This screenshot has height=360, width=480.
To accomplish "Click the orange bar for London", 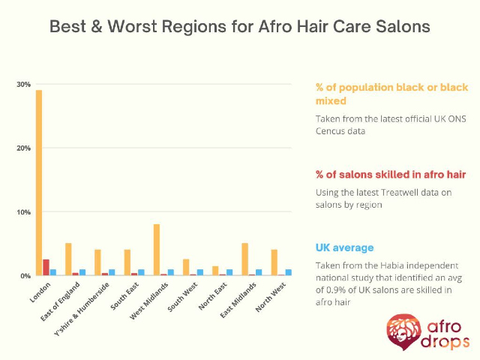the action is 39,183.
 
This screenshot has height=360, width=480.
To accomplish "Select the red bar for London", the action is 46,268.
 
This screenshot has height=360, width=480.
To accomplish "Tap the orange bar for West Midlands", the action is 157,250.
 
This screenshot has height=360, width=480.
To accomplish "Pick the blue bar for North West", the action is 288,272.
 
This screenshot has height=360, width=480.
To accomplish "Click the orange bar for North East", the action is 215,271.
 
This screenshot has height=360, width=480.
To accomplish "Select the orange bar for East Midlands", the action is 244,259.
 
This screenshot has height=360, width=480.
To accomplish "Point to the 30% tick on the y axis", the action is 23,85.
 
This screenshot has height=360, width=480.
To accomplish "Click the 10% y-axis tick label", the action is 23,212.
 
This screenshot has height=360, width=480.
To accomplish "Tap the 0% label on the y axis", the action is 25,276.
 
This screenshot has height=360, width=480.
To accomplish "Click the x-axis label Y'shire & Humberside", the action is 82,309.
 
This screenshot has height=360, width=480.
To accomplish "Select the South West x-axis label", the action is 182,297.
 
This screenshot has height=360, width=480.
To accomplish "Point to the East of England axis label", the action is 60,301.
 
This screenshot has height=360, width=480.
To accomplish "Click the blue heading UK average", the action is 345,247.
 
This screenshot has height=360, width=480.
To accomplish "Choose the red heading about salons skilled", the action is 391,175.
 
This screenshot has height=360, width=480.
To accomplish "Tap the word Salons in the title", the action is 403,26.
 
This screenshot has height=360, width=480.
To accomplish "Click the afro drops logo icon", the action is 403,331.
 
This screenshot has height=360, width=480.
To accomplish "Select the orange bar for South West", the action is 186,267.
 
